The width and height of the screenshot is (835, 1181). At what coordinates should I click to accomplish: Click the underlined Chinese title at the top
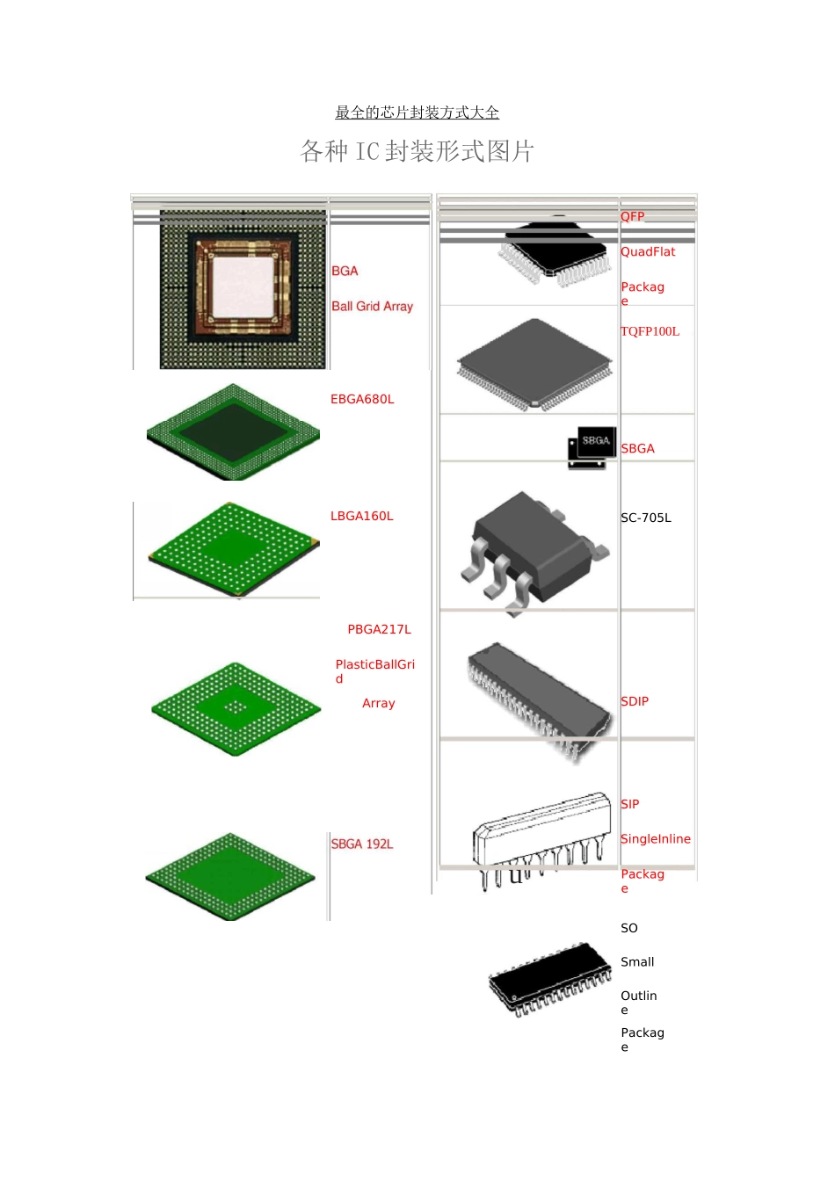[x=417, y=112]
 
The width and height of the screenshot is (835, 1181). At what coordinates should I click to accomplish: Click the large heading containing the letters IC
[x=417, y=151]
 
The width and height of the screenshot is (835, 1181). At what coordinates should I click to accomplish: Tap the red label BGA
[x=345, y=271]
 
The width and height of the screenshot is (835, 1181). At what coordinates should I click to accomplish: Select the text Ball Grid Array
[x=372, y=307]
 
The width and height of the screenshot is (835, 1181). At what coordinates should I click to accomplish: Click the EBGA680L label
[x=362, y=399]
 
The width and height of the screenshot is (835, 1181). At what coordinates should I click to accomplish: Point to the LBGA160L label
[x=361, y=516]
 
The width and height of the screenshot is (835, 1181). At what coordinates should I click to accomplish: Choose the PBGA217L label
[x=379, y=629]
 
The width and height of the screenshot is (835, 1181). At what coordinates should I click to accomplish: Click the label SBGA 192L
[x=362, y=844]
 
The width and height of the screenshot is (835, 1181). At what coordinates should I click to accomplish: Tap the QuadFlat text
[x=648, y=251]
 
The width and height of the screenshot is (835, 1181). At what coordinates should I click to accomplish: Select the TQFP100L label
[x=650, y=331]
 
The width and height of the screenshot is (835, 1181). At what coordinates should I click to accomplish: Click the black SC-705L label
[x=646, y=518]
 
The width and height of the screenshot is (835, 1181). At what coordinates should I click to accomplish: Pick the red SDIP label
[x=635, y=701]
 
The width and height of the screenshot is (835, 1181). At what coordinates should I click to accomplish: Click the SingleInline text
[x=655, y=838]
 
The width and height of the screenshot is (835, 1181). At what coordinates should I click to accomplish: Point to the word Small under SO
[x=637, y=961]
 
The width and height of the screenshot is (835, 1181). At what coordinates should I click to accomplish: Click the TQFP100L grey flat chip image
[x=534, y=365]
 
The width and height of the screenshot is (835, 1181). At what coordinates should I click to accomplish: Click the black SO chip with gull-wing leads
[x=549, y=979]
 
